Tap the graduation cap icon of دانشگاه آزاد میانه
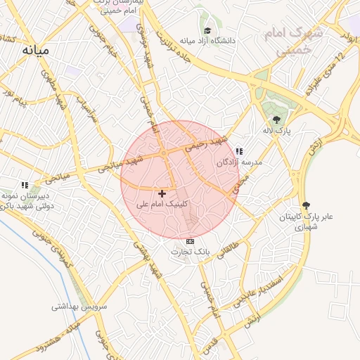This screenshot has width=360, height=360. click(x=207, y=31)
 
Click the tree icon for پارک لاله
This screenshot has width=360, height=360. click(x=276, y=120)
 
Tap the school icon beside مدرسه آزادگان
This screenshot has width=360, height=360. click(x=239, y=150)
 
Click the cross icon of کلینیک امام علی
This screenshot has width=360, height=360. click(x=162, y=193)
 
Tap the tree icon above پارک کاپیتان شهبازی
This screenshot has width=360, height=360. click(x=305, y=205)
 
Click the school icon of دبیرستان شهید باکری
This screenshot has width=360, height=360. click(x=25, y=184)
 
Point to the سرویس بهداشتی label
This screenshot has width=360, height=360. click(x=77, y=307)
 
